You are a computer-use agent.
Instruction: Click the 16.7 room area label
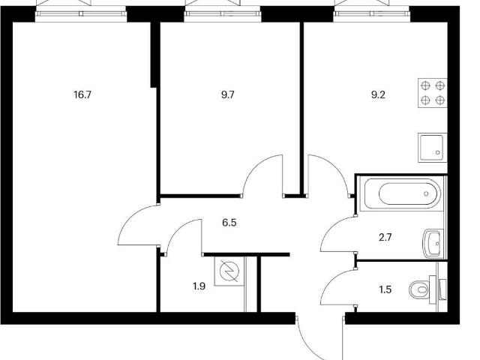82,95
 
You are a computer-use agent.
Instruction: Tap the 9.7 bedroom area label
228,95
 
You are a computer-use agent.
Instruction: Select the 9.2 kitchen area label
378,95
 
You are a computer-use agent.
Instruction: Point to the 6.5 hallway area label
229,223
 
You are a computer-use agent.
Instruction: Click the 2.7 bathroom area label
385,237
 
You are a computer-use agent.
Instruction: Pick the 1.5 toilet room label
385,289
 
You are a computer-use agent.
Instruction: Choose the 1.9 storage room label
199,286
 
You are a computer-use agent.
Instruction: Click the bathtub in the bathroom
402,193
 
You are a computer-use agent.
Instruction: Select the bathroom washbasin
433,244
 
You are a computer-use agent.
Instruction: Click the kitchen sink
432,148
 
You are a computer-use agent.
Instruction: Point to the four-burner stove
432,93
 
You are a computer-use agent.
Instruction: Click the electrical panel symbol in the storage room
229,271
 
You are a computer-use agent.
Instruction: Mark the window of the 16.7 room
81,13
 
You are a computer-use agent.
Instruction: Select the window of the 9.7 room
223,13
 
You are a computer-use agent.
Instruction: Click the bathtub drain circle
426,193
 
